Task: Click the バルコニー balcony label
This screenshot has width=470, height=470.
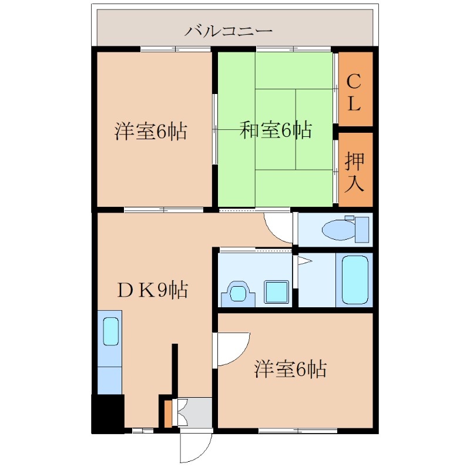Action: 229,31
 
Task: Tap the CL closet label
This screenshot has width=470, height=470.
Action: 354,92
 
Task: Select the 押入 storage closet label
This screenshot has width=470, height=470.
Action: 354,172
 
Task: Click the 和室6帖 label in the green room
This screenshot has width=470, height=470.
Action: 276,130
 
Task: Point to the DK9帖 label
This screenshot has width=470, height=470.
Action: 153,290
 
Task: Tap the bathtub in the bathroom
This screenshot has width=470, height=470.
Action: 355,280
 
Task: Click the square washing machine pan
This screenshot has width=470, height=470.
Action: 276,292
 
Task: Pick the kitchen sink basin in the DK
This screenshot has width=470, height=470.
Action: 111,331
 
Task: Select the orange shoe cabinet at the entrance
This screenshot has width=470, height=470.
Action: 168,414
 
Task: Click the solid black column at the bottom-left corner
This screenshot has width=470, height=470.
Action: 108,414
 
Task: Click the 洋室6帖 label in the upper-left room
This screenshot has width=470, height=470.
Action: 151,131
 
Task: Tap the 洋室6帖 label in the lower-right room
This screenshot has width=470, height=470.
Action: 290,368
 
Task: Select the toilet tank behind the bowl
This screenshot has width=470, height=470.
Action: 362,229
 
